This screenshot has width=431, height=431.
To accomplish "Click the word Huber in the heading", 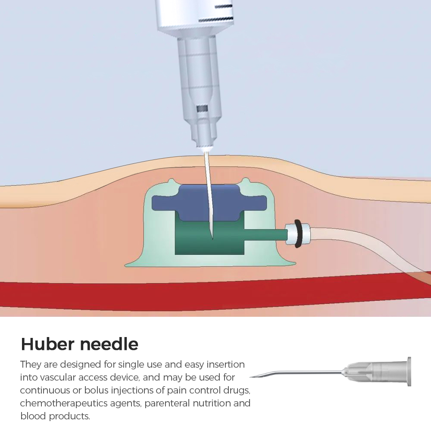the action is click(x=47, y=344).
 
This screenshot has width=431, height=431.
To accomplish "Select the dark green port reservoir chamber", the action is click(x=209, y=238).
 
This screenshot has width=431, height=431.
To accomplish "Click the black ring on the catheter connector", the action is click(x=298, y=234).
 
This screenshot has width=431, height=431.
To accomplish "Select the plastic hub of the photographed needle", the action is click(x=377, y=372).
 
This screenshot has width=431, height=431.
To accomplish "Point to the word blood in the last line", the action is click(x=33, y=416).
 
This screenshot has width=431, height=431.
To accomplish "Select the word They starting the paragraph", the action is click(x=31, y=365).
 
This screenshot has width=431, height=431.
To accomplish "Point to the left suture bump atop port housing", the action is click(x=171, y=181).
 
